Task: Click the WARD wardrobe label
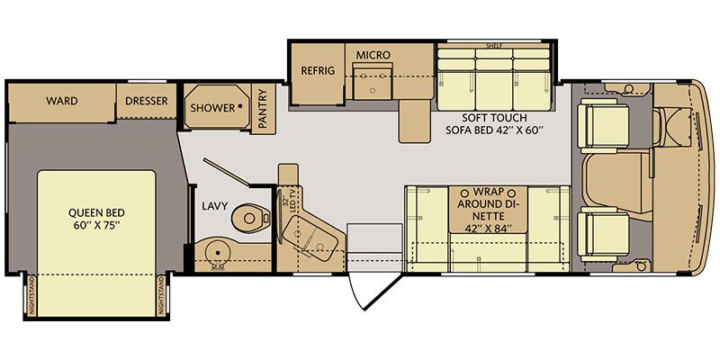click(x=61, y=101)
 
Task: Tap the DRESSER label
click(x=146, y=101)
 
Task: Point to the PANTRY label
click(x=263, y=109)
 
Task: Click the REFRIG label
click(x=318, y=69)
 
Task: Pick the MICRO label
click(x=373, y=55)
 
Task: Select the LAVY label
click(x=214, y=205)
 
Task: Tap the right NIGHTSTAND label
click(x=161, y=293)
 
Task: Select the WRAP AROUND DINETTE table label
click(x=486, y=209)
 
